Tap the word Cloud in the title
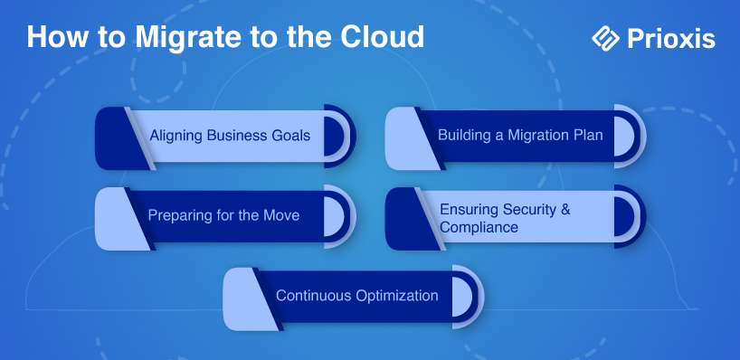point(383,36)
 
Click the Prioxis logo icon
point(605,38)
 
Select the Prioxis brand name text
point(671,39)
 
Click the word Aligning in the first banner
point(176,137)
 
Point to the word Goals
point(290,136)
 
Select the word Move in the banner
point(281,215)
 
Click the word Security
point(528,209)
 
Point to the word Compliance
point(479,227)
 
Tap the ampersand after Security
point(565,209)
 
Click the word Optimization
point(397,296)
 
